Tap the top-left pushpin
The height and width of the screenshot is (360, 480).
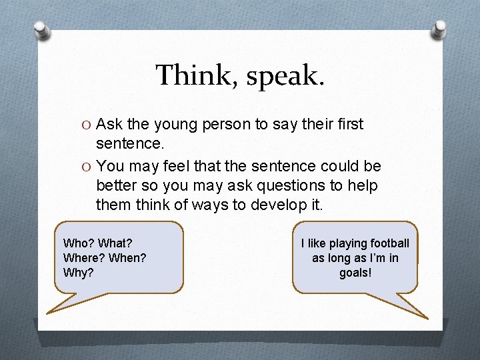click(41, 29)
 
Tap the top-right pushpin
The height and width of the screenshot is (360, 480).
click(440, 29)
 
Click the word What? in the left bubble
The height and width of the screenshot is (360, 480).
click(115, 243)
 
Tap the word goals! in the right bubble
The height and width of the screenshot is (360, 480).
click(355, 273)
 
